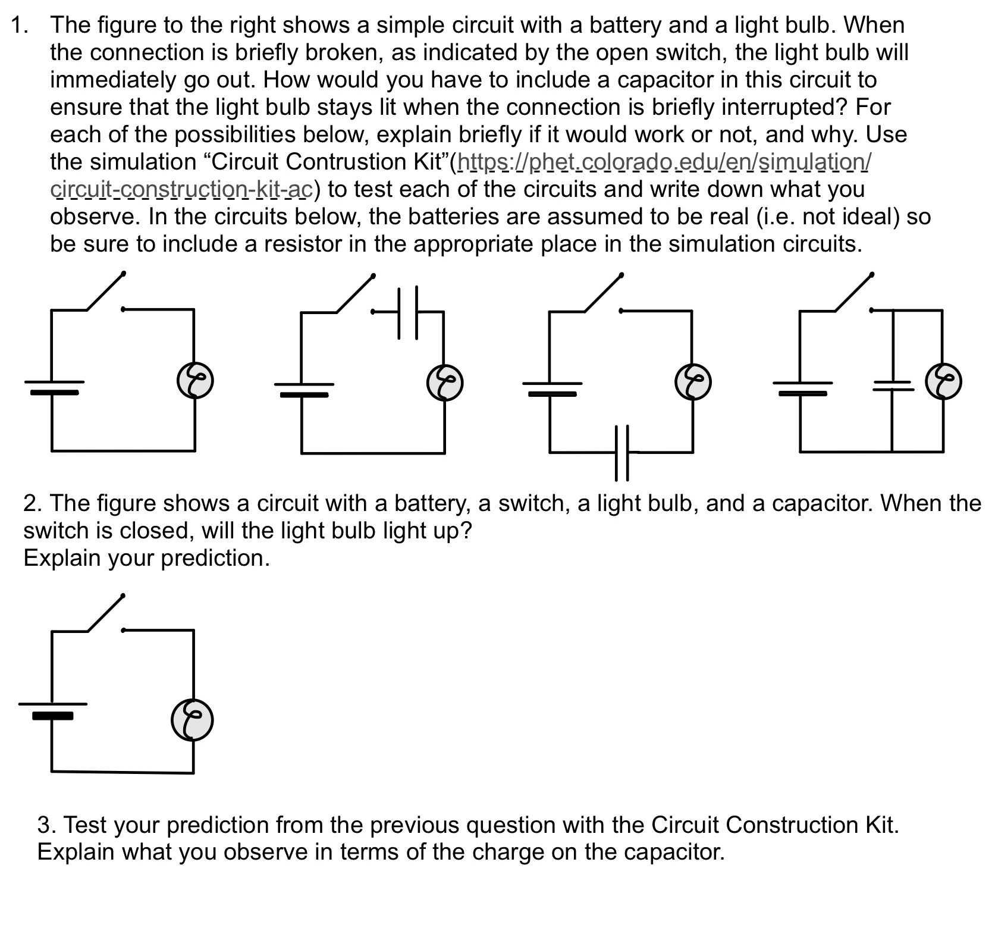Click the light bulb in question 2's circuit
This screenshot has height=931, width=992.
click(x=192, y=720)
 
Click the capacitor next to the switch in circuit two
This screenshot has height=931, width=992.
click(x=408, y=312)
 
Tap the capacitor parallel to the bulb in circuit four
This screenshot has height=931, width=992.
click(x=892, y=386)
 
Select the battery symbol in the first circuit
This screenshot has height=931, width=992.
click(x=54, y=387)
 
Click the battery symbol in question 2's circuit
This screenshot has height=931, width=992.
click(x=52, y=710)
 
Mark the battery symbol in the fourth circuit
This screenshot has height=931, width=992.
click(x=801, y=388)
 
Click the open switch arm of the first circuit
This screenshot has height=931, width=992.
click(x=106, y=291)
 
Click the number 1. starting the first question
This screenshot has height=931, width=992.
click(x=21, y=25)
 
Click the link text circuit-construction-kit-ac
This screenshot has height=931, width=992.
click(x=181, y=189)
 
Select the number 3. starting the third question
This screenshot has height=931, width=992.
click(x=47, y=825)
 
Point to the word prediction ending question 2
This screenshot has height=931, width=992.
click(x=215, y=557)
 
